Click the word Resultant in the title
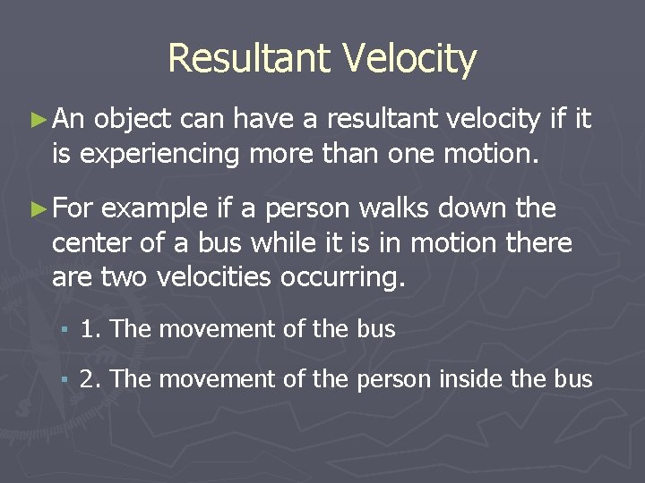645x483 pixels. [x=247, y=59]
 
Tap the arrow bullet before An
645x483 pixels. [x=38, y=118]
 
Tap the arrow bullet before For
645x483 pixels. [x=38, y=209]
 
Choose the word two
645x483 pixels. [x=125, y=277]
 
